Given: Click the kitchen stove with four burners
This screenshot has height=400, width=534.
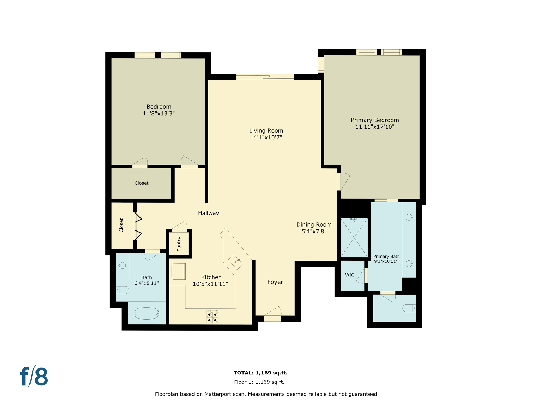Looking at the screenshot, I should pyautogui.click(x=212, y=317).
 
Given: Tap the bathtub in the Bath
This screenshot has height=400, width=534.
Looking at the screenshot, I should pyautogui.click(x=147, y=313).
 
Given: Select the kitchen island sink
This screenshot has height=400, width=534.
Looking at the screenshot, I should pyautogui.click(x=235, y=262).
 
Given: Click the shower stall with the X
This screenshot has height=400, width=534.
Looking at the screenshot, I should pyautogui.click(x=354, y=238).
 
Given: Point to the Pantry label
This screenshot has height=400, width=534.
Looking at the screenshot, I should pyautogui.click(x=179, y=244).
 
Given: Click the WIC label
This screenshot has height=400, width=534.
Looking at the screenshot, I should pyautogui.click(x=349, y=275).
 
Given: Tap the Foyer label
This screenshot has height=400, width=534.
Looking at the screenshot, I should pyautogui.click(x=275, y=282).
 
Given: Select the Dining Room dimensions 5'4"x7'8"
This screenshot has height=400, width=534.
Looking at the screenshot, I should pyautogui.click(x=314, y=231).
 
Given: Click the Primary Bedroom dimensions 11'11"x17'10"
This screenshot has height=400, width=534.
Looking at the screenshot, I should pyautogui.click(x=375, y=127).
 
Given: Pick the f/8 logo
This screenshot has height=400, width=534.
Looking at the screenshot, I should pyautogui.click(x=34, y=377).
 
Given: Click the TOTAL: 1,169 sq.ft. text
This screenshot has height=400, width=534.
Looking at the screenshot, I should pyautogui.click(x=260, y=373).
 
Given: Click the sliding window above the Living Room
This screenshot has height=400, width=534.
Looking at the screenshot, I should pyautogui.click(x=265, y=77).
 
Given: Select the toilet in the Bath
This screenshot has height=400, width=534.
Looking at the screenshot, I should pyautogui.click(x=123, y=290).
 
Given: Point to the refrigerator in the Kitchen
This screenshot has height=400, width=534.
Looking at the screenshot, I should pyautogui.click(x=179, y=271).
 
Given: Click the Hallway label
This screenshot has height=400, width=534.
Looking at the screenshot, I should pyautogui.click(x=208, y=213).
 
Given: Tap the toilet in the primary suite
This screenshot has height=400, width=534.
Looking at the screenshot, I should pyautogui.click(x=409, y=308).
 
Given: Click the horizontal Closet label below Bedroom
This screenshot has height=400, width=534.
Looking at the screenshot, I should pyautogui.click(x=141, y=183).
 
